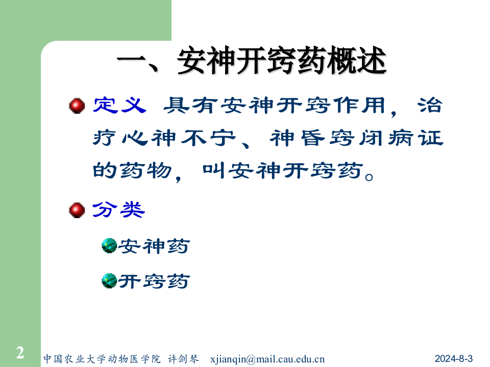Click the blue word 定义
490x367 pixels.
pos(120,106)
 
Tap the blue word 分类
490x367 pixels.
pos(118,210)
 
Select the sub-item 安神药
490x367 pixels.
pos(154,247)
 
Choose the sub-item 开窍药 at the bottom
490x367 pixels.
pos(154,281)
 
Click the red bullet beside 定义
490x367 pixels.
pos(77,106)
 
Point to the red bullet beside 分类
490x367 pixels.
pos(77,210)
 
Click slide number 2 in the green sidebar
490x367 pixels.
pos(20,353)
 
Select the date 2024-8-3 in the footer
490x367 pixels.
pos(454,358)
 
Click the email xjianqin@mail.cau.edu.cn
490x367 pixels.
pos(267,358)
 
